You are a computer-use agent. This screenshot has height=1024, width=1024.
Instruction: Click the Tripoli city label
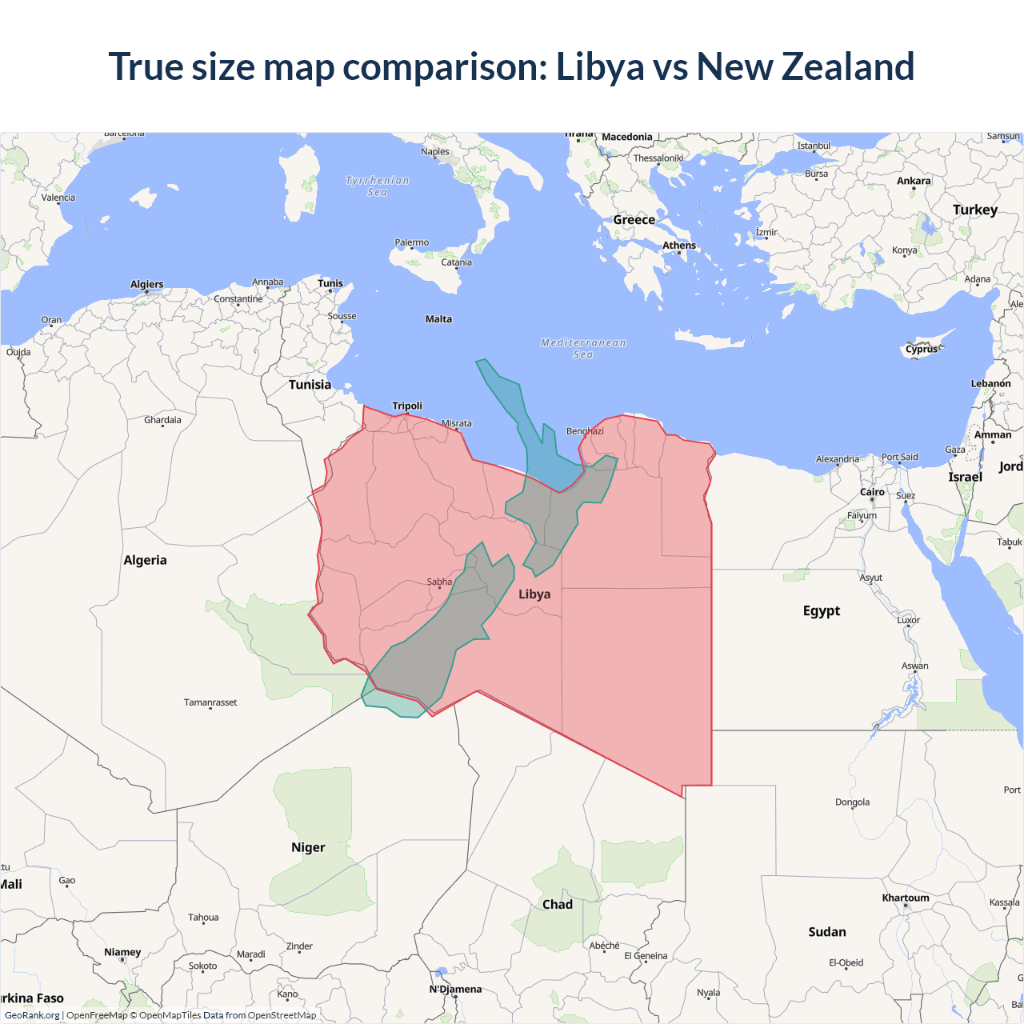(407, 406)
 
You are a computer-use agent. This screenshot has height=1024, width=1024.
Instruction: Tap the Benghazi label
(585, 431)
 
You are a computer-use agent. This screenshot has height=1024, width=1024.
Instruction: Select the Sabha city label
(439, 582)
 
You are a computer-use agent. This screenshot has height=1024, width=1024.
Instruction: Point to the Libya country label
(534, 594)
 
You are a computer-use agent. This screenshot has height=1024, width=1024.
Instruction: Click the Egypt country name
(822, 610)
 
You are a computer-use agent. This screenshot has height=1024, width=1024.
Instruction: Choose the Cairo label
(872, 492)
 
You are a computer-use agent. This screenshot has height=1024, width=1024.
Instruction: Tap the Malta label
(438, 319)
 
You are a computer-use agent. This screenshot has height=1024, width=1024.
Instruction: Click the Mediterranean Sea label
(583, 348)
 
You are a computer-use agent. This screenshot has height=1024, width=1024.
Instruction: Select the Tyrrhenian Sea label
(377, 186)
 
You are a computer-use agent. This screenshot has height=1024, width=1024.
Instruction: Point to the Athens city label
(679, 246)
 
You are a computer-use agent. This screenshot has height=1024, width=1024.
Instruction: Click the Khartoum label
(906, 898)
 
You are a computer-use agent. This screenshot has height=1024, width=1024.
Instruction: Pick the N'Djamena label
(455, 989)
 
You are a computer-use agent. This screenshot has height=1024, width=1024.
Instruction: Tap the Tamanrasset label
(210, 702)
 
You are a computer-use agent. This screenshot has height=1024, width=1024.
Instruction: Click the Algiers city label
(147, 284)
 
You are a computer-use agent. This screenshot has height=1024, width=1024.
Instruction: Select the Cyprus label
(922, 349)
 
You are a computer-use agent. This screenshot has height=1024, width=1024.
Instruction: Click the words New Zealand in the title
(805, 66)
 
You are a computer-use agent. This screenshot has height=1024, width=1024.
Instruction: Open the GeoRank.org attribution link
(32, 1015)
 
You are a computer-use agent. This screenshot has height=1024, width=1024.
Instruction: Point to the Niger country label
(308, 847)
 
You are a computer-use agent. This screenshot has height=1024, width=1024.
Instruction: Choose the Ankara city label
(914, 181)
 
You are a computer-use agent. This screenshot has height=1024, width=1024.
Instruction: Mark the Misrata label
(457, 423)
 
